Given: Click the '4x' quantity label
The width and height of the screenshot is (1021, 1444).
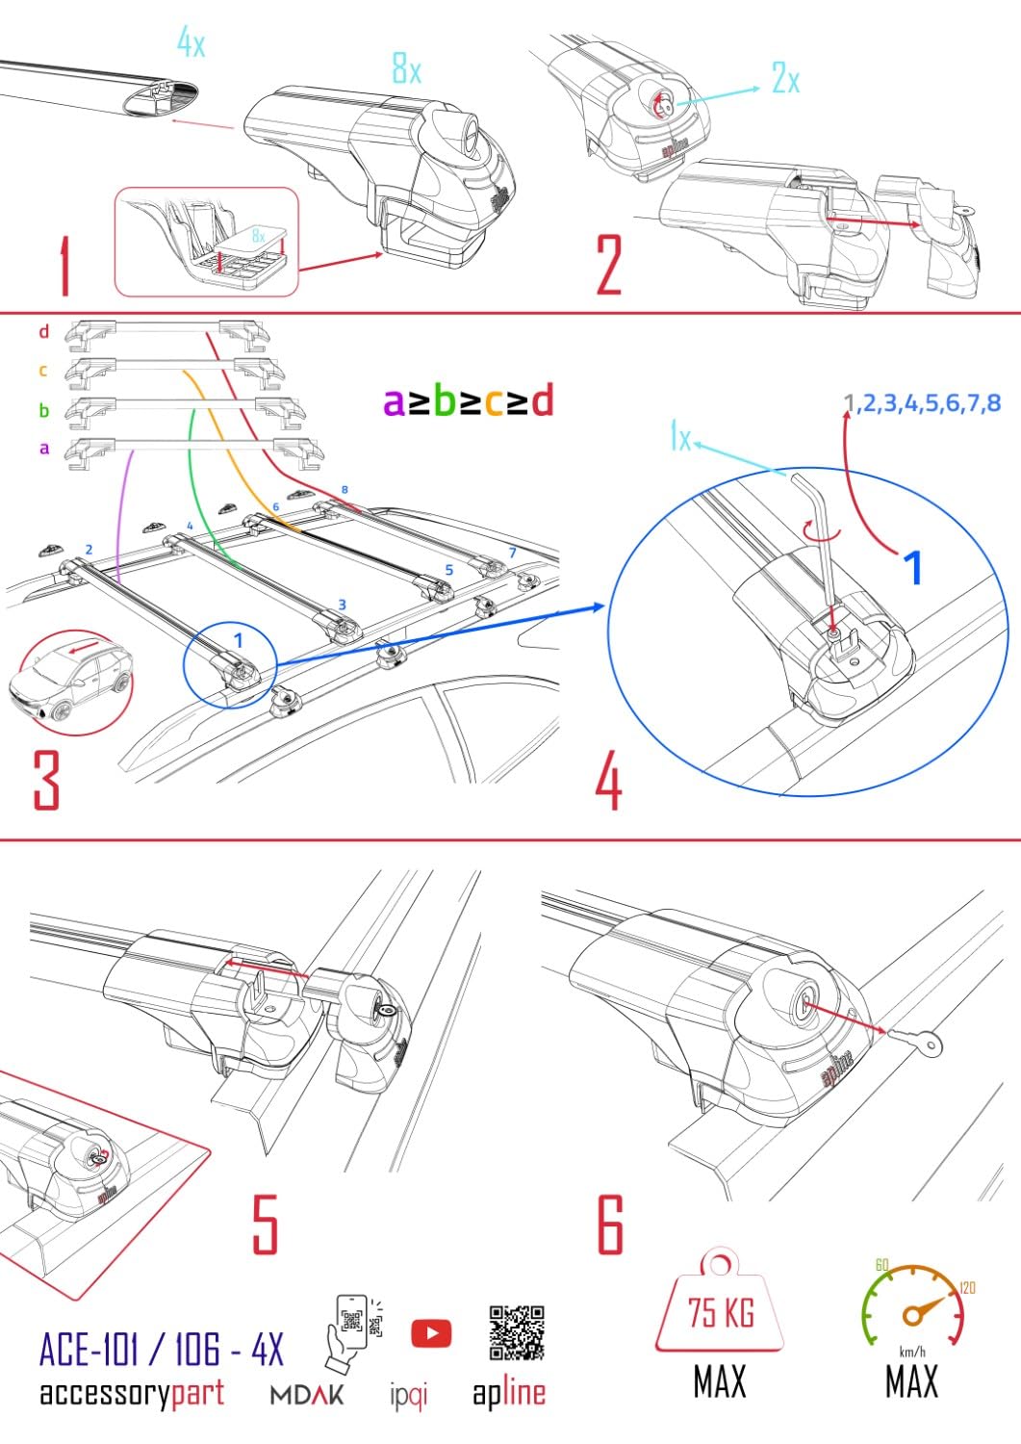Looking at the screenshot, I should pos(191,41).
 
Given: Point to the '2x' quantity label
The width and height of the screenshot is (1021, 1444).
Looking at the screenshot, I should pos(785,79).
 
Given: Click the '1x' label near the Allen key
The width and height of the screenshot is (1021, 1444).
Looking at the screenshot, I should pos(680,439).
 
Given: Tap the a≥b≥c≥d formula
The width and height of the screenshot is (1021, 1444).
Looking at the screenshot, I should pos(468,400).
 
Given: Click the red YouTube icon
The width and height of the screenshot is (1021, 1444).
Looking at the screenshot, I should pos(431,1333).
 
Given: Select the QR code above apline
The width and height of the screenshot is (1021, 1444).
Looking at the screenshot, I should pos(517,1333).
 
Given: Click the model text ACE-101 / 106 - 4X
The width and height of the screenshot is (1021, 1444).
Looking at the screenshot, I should pos(161,1350).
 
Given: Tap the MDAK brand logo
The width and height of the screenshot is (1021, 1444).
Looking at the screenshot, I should pos(306,1394).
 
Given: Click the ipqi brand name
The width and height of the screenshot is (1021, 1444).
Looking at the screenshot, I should pos(409,1394).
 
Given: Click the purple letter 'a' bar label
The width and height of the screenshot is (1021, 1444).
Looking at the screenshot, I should pos(43,448).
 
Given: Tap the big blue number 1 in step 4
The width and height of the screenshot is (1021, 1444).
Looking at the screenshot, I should pos(911,566).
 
